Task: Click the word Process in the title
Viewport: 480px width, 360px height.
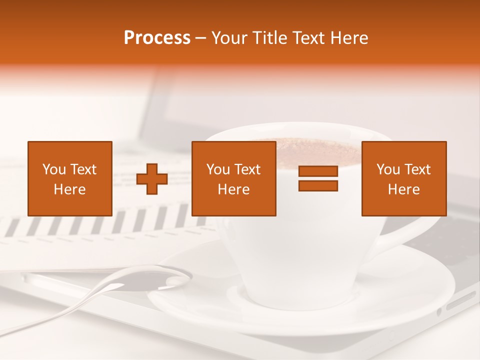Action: [157, 38]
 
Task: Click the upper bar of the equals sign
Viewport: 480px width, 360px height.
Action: [318, 171]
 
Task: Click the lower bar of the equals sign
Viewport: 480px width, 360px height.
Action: [318, 185]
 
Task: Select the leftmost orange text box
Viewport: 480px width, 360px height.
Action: [69, 178]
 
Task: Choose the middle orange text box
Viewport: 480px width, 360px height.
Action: [233, 178]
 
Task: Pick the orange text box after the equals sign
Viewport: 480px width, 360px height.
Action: [403, 178]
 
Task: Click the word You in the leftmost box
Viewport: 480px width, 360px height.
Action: [54, 169]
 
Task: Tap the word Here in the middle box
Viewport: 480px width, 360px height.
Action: [233, 189]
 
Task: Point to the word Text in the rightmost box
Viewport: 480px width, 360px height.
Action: [418, 169]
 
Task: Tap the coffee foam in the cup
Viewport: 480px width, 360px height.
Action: [320, 150]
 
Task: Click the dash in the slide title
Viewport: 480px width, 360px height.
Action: [200, 38]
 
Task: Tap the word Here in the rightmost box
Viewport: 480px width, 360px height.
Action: [403, 189]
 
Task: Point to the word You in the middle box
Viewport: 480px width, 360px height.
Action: [218, 169]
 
